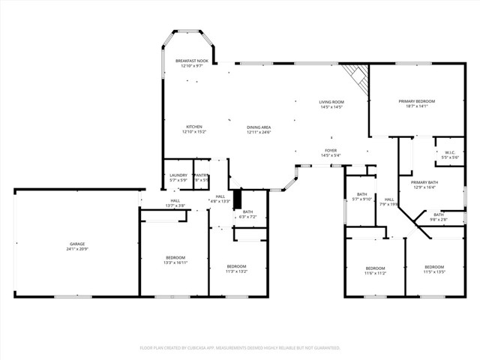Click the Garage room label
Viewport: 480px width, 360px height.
click(77, 244)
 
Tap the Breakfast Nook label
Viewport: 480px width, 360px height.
click(191, 61)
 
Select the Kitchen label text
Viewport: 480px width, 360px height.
click(194, 127)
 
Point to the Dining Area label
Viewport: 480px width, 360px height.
click(259, 127)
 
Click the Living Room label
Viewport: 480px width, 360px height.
click(331, 102)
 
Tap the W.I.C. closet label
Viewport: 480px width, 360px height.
click(450, 153)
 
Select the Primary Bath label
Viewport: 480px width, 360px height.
click(424, 182)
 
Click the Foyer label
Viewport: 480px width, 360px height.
click(331, 151)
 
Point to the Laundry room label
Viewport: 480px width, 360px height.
click(178, 175)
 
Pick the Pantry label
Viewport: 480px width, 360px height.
click(202, 175)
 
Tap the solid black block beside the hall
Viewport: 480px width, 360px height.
click(238, 199)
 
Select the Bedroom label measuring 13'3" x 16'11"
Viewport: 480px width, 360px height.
click(174, 258)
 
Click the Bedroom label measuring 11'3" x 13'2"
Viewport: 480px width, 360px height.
click(236, 266)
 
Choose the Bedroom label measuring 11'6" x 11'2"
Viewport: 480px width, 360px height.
click(375, 268)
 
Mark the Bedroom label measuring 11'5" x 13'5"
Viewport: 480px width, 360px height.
click(434, 268)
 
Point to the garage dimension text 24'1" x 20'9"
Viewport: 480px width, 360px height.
click(77, 249)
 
